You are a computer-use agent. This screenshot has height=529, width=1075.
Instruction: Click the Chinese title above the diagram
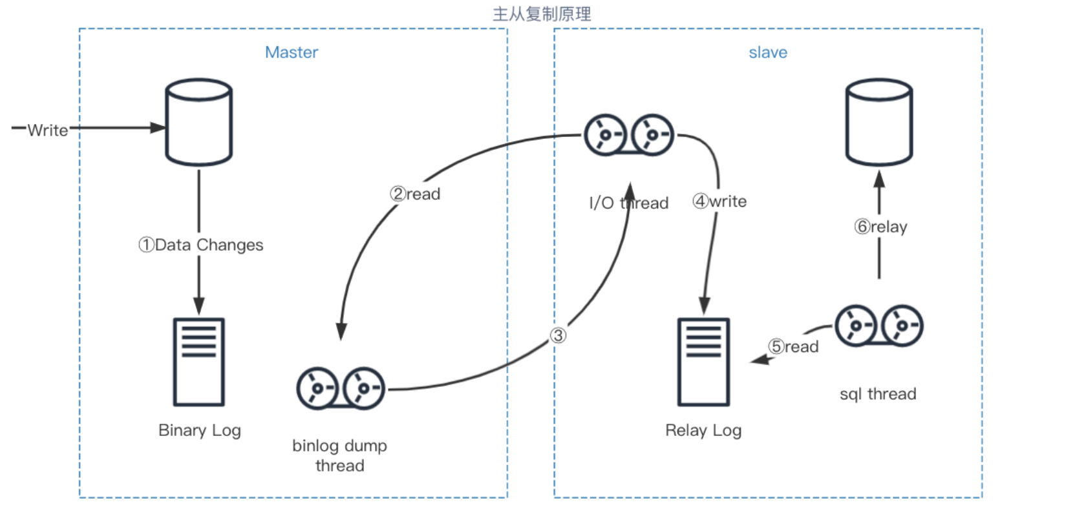(541, 14)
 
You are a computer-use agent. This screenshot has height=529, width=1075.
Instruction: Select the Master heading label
(292, 52)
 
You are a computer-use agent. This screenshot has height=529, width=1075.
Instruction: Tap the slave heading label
(767, 52)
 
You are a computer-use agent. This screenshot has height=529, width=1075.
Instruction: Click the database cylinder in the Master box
(198, 123)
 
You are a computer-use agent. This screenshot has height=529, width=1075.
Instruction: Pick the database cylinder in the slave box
(878, 123)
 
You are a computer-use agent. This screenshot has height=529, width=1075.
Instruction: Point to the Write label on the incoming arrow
(47, 130)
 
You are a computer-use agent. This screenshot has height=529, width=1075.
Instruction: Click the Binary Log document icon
(198, 362)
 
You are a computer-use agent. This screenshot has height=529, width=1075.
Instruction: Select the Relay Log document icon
(703, 362)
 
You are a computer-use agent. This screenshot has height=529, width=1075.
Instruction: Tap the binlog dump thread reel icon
(341, 389)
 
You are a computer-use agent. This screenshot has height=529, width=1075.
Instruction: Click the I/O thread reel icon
(628, 135)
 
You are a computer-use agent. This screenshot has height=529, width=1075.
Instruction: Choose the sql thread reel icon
(878, 326)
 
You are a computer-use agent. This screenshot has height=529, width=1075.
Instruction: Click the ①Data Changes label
(201, 245)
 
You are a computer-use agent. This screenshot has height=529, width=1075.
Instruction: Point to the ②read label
(415, 194)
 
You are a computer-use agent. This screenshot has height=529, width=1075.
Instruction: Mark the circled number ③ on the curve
(558, 335)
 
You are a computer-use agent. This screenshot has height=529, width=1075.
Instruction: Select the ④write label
(719, 202)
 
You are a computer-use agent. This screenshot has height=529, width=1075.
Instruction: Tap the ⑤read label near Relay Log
(793, 347)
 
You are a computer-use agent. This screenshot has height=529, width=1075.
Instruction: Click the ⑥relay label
(880, 227)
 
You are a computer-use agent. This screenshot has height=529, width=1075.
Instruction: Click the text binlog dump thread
(339, 455)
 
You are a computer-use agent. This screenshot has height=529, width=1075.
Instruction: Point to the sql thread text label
(877, 394)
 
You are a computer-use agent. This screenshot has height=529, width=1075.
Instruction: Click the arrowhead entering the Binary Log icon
(198, 306)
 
